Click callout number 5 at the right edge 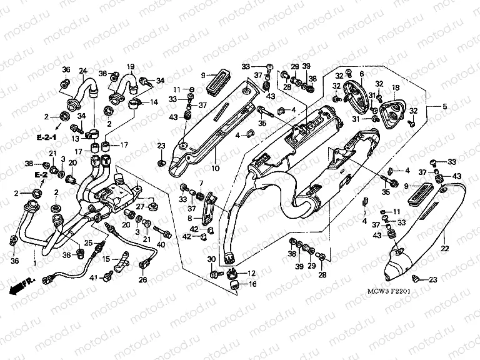tap(361, 74)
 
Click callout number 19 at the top tap(131, 66)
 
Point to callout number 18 tap(395, 87)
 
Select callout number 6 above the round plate tap(361, 74)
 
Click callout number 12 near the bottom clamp tap(252, 274)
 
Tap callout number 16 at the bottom tap(252, 284)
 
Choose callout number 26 tap(142, 280)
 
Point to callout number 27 tap(141, 206)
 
